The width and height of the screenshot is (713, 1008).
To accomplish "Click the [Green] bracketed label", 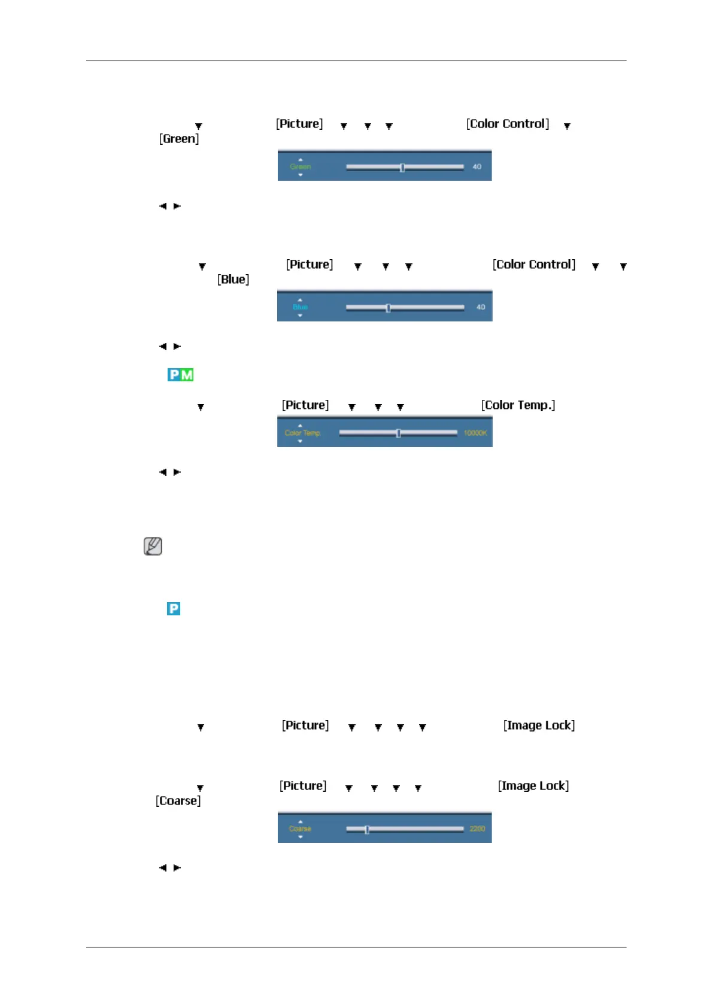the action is coord(179,139).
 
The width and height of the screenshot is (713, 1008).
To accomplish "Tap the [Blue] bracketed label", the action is coord(233,280).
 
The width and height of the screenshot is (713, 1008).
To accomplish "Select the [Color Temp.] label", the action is coord(518,405).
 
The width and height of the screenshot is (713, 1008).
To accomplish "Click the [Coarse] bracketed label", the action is coord(178,801).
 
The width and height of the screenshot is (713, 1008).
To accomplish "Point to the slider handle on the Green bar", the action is coord(402,168).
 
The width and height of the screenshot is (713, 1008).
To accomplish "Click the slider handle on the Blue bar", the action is coord(388,308).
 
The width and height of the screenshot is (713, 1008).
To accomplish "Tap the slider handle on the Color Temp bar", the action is coord(398,433).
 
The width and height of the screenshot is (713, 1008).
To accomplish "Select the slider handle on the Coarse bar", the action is coord(366,830).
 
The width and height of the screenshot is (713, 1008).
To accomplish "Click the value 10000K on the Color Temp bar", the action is coord(475,433).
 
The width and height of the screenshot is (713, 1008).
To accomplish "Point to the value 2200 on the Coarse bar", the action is coord(477,829).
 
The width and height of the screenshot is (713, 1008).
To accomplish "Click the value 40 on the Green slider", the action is coord(477,167).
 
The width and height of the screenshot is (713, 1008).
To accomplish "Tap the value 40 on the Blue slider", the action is coord(480,308).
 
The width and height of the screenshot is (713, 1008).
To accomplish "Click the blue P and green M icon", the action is coord(180,375).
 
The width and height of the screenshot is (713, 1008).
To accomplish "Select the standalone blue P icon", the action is coord(174,609).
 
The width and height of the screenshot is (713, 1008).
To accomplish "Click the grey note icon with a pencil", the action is coord(153,546).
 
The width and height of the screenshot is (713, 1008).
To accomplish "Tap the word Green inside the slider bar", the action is coord(301,167).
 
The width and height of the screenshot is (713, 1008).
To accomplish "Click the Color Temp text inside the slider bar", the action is coord(302,433).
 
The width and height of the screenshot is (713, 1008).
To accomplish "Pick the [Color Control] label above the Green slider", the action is coord(508,124).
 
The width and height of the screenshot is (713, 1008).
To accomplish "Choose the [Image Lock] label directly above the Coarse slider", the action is coord(533,786).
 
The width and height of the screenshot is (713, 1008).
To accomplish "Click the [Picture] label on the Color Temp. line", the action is coord(305,405).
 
